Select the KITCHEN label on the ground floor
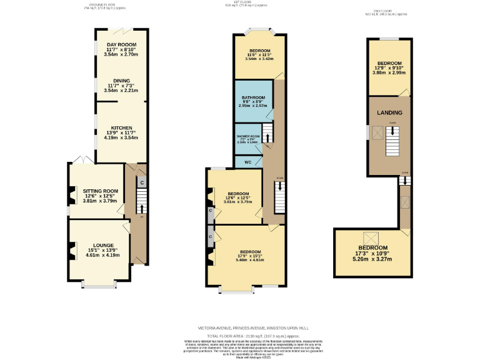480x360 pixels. (121, 127)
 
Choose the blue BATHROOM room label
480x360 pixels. (252, 97)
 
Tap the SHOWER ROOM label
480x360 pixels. (247, 136)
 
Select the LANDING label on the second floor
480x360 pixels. (389, 112)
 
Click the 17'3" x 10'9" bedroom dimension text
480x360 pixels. (371, 253)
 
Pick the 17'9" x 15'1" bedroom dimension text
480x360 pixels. (249, 256)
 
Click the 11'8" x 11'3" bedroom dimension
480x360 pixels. (259, 54)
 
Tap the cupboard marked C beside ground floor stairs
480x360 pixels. (142, 182)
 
